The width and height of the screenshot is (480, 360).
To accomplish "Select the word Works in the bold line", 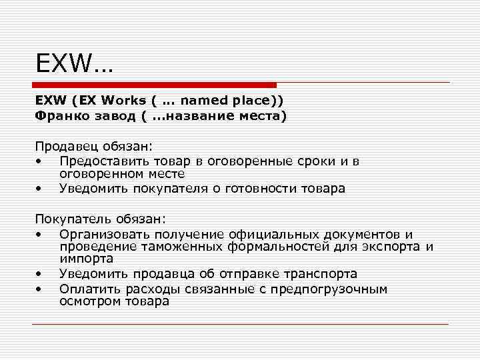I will pos(123,101).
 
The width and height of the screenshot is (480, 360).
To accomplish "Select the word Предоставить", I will pos(105,161).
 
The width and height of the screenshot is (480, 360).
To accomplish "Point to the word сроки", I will pos(305,161).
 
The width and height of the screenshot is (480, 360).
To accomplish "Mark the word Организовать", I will pos(105,234).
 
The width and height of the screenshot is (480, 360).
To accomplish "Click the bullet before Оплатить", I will pos(41,289).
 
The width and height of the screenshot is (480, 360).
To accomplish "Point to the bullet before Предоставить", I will pos(41,161).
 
